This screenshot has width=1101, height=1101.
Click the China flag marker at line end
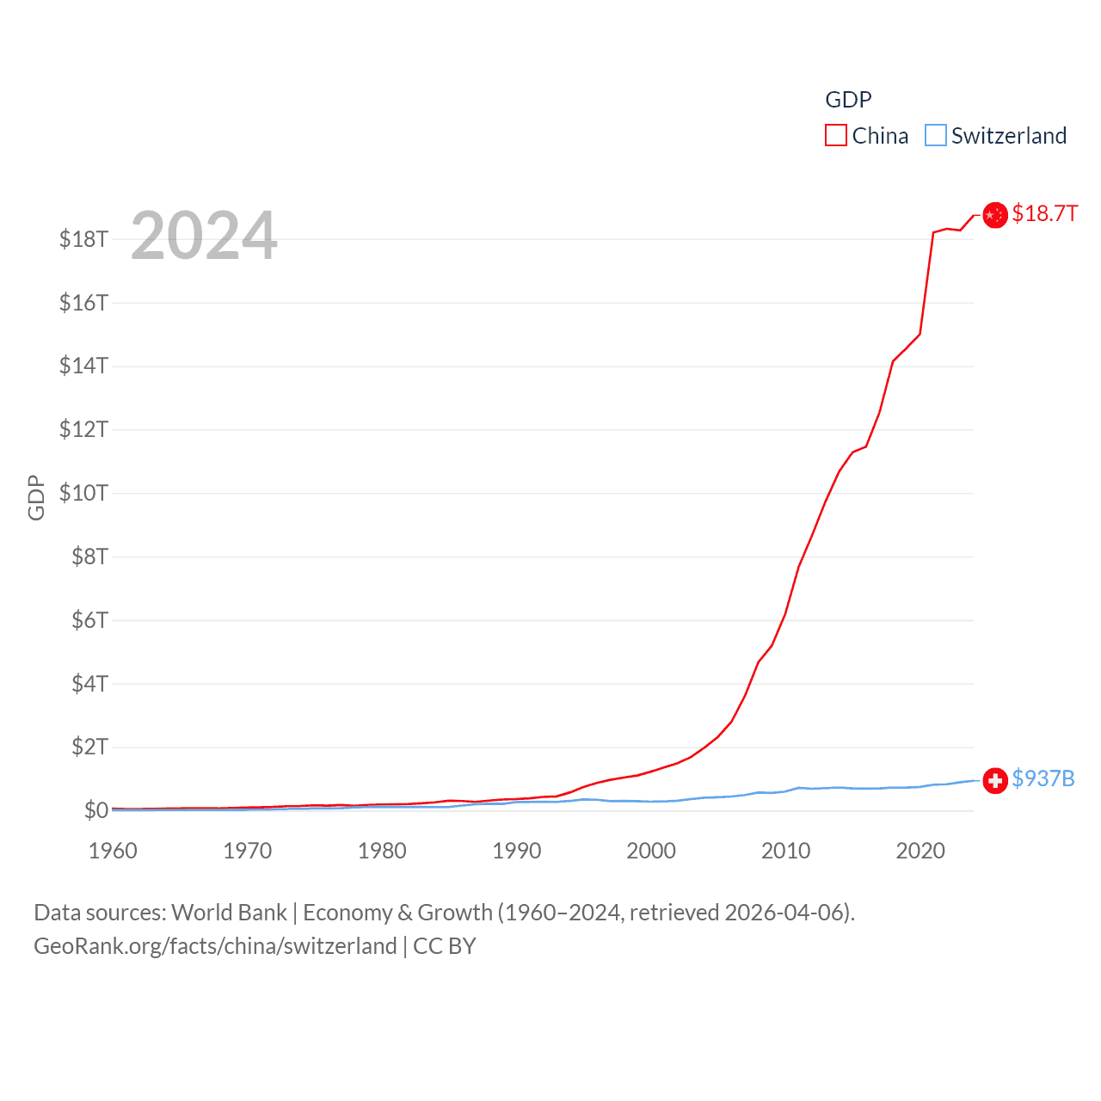(x=995, y=215)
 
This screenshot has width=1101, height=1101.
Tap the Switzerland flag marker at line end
(x=995, y=780)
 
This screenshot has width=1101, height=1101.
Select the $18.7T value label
(x=1044, y=213)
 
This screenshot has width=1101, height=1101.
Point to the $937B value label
(x=1043, y=778)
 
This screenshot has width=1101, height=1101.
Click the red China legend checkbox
(x=835, y=136)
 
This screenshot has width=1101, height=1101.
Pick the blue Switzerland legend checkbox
(x=935, y=136)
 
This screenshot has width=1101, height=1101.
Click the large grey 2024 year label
(x=204, y=236)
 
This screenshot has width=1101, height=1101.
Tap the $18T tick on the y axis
(x=83, y=239)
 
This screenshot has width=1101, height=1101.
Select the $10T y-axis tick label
(x=83, y=493)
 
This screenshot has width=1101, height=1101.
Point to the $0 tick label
(x=95, y=810)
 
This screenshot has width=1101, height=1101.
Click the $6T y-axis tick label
(x=89, y=620)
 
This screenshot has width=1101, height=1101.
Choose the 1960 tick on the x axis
(x=113, y=851)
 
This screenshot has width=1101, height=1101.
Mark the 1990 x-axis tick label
(x=516, y=851)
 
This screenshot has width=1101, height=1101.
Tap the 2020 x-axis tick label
(x=920, y=851)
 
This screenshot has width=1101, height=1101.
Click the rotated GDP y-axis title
(x=36, y=497)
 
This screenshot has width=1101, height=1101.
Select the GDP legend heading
(x=848, y=100)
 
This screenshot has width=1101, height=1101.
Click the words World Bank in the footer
(x=229, y=913)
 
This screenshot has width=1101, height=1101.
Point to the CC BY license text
(x=444, y=946)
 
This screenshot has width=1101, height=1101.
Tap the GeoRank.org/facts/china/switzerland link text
(x=215, y=946)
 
